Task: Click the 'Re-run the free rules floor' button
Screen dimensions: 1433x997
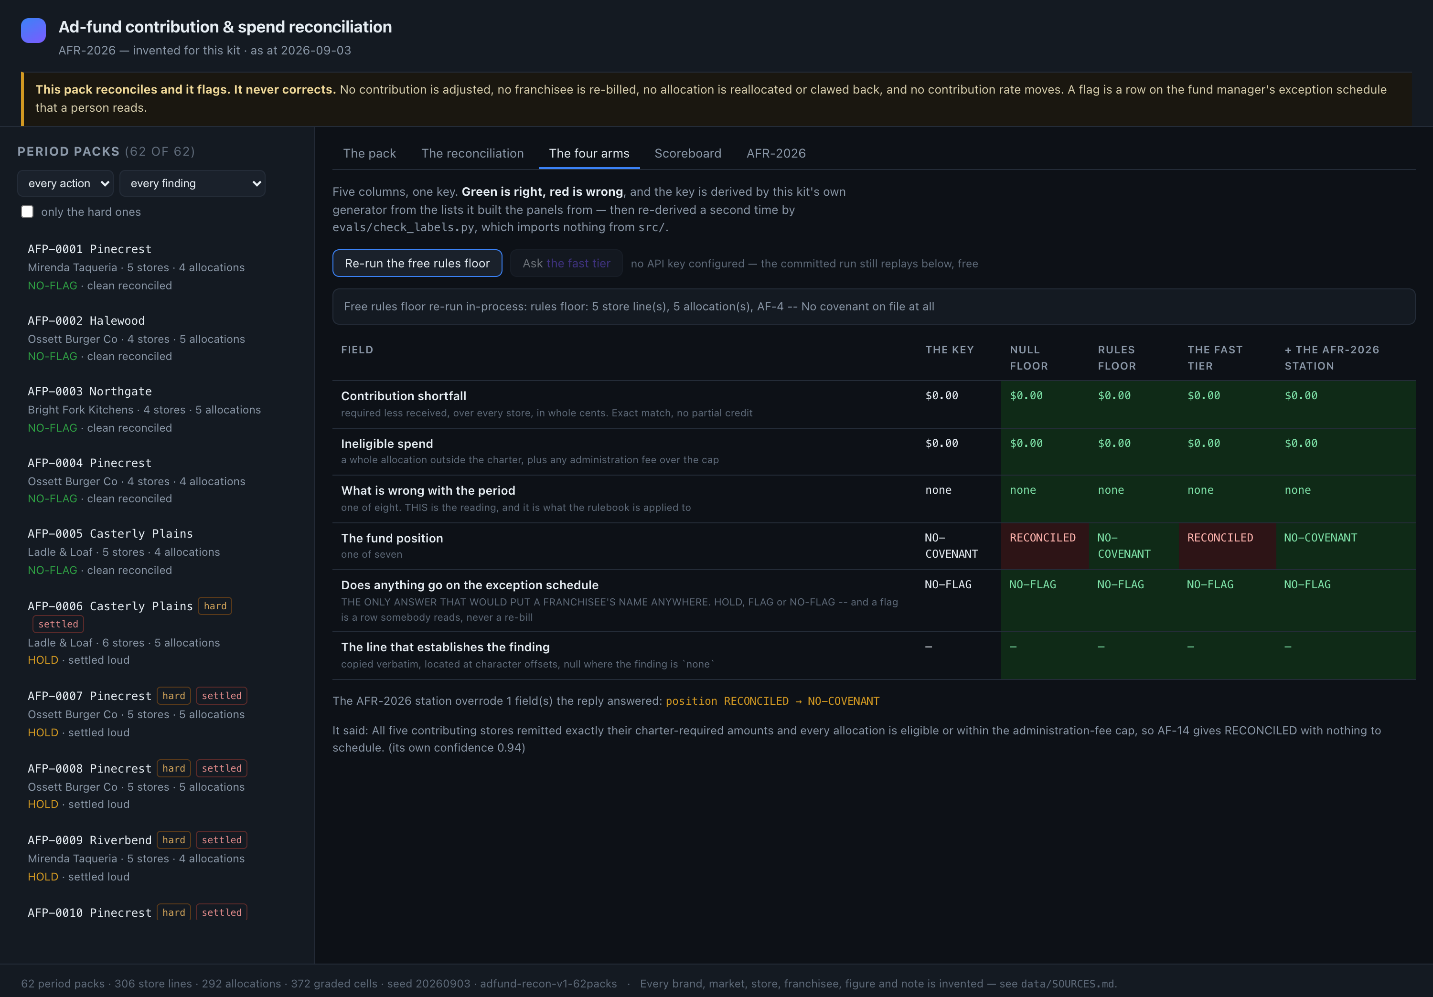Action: click(417, 263)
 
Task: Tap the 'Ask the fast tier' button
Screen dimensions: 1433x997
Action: click(566, 263)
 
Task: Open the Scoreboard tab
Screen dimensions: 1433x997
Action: click(688, 153)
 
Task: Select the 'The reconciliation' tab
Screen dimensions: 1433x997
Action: click(472, 153)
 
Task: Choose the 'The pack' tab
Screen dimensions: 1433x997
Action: click(370, 153)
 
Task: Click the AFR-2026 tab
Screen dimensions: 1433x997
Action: click(776, 153)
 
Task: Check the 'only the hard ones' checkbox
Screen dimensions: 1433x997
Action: click(27, 212)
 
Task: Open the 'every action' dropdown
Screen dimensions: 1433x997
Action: click(65, 183)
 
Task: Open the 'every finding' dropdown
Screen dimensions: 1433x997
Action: click(192, 183)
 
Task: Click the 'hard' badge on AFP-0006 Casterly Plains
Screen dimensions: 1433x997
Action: click(214, 606)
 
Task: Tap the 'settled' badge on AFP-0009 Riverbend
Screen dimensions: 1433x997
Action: click(222, 840)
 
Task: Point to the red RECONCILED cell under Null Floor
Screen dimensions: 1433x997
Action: click(1042, 538)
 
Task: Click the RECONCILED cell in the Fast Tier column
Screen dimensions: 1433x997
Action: click(1219, 538)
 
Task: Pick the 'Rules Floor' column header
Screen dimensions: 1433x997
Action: click(1117, 358)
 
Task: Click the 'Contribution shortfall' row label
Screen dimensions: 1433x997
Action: click(404, 395)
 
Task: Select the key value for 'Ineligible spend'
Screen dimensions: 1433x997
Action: click(941, 444)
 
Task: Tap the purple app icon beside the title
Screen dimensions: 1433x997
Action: click(33, 31)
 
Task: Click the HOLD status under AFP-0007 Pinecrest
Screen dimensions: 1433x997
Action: click(43, 732)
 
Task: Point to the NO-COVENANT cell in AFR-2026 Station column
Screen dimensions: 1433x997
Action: click(1320, 538)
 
